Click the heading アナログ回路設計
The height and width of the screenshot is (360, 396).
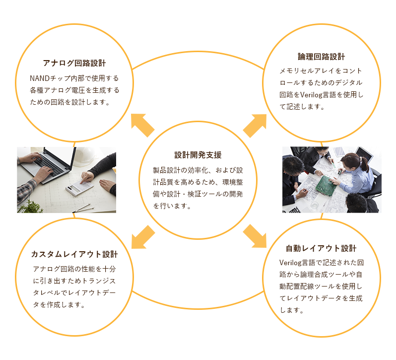tap(74, 63)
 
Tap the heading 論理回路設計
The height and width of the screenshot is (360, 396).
tap(321, 57)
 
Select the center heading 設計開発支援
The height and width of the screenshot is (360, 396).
tap(198, 155)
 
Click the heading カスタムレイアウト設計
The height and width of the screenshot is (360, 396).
tap(74, 254)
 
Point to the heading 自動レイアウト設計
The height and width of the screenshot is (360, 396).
tap(321, 248)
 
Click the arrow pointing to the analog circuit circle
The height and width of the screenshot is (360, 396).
tap(143, 125)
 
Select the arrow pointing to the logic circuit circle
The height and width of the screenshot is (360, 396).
tap(255, 126)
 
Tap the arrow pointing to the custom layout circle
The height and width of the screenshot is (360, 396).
tap(143, 237)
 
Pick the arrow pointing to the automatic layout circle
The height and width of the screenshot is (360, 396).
tap(255, 236)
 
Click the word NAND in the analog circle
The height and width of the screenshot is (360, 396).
tap(40, 78)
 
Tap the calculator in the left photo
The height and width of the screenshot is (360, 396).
tap(79, 187)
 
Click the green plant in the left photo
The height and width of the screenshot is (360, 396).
tap(31, 207)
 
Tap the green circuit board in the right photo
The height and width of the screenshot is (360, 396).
tap(326, 186)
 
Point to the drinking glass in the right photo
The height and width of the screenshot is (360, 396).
tap(315, 205)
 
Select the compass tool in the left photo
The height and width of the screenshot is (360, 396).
tap(83, 208)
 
